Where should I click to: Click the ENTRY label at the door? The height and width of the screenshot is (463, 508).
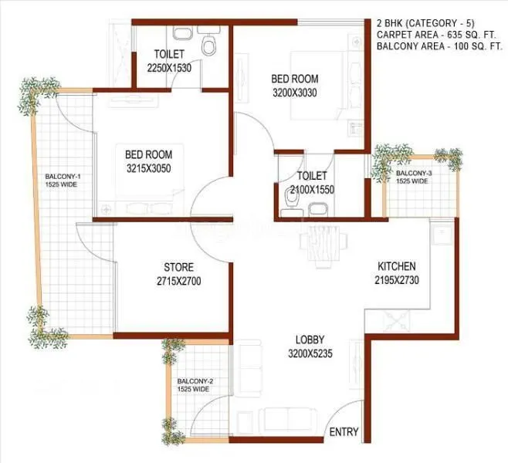[344, 433]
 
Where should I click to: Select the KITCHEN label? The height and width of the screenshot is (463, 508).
[397, 266]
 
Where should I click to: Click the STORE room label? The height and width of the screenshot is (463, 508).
[178, 267]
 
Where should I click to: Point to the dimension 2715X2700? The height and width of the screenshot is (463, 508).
[178, 282]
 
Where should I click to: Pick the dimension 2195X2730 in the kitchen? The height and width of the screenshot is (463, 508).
[397, 281]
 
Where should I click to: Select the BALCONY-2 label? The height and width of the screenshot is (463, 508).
[194, 382]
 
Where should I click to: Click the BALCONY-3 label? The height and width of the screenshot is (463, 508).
[413, 173]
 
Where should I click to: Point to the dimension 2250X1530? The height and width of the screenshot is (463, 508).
[169, 68]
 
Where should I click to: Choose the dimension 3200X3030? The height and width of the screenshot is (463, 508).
[295, 93]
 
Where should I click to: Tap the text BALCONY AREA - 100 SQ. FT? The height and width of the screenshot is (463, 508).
[439, 47]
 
